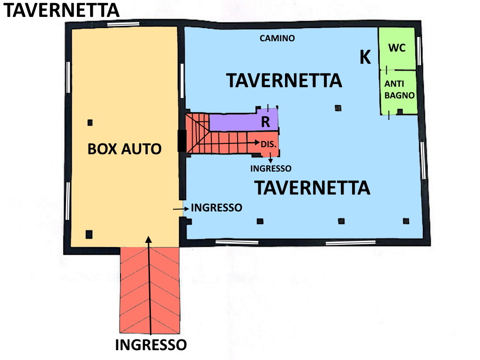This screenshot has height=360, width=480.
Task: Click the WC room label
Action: point(397,48)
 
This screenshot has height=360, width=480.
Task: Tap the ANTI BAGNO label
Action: point(399,90)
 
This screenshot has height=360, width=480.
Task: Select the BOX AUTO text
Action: point(124,149)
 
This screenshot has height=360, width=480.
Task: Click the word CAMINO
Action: point(277,38)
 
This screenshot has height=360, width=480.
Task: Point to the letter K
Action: point(365,57)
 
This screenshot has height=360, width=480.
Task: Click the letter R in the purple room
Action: point(265,122)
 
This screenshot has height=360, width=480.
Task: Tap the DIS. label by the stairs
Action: point(269,144)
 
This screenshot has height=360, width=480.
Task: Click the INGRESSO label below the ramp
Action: point(151,345)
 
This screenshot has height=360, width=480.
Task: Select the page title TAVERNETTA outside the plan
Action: point(61,10)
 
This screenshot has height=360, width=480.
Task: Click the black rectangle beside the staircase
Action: point(182,141)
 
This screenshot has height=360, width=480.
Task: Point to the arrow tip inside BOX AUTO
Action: point(149,237)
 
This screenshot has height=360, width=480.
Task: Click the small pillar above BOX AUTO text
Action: point(90,123)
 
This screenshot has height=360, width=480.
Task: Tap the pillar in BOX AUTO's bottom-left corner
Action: point(89,234)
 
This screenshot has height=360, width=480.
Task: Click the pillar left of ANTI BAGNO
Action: point(338,108)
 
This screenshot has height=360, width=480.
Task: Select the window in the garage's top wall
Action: point(123,24)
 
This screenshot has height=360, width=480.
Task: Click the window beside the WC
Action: point(419,51)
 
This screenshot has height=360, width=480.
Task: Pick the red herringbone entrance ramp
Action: point(150,290)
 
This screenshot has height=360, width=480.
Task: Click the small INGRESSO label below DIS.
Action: point(270,169)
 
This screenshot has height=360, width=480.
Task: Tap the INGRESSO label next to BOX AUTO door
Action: point(217,208)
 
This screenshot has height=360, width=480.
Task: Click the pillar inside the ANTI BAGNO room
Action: point(399,112)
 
